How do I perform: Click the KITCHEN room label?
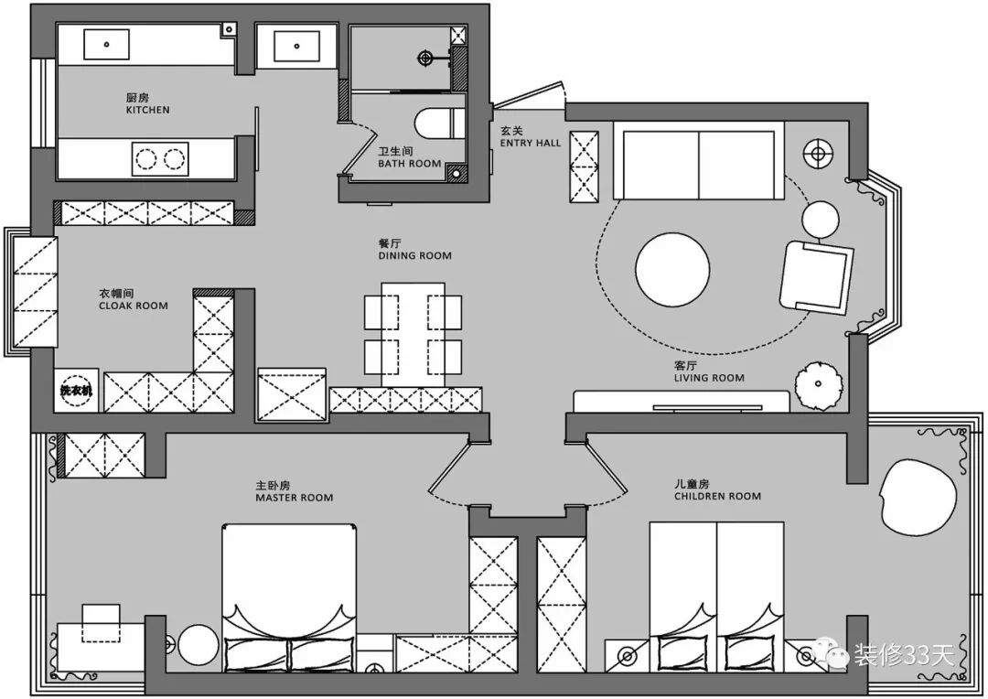pyautogui.click(x=147, y=109)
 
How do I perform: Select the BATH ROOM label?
pyautogui.click(x=410, y=164)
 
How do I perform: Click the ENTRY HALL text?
pyautogui.click(x=531, y=143)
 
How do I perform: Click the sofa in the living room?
pyautogui.click(x=700, y=163)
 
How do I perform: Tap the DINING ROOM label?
pyautogui.click(x=414, y=256)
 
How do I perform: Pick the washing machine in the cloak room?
pyautogui.click(x=77, y=391)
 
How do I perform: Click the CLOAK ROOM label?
pyautogui.click(x=134, y=306)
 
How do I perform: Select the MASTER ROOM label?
pyautogui.click(x=295, y=498)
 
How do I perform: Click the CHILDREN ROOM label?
pyautogui.click(x=717, y=496)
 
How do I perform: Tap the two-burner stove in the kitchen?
pyautogui.click(x=159, y=159)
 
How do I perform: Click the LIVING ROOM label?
pyautogui.click(x=709, y=377)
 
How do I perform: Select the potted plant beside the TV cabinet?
pyautogui.click(x=816, y=384)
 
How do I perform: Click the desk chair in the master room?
pyautogui.click(x=102, y=622)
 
